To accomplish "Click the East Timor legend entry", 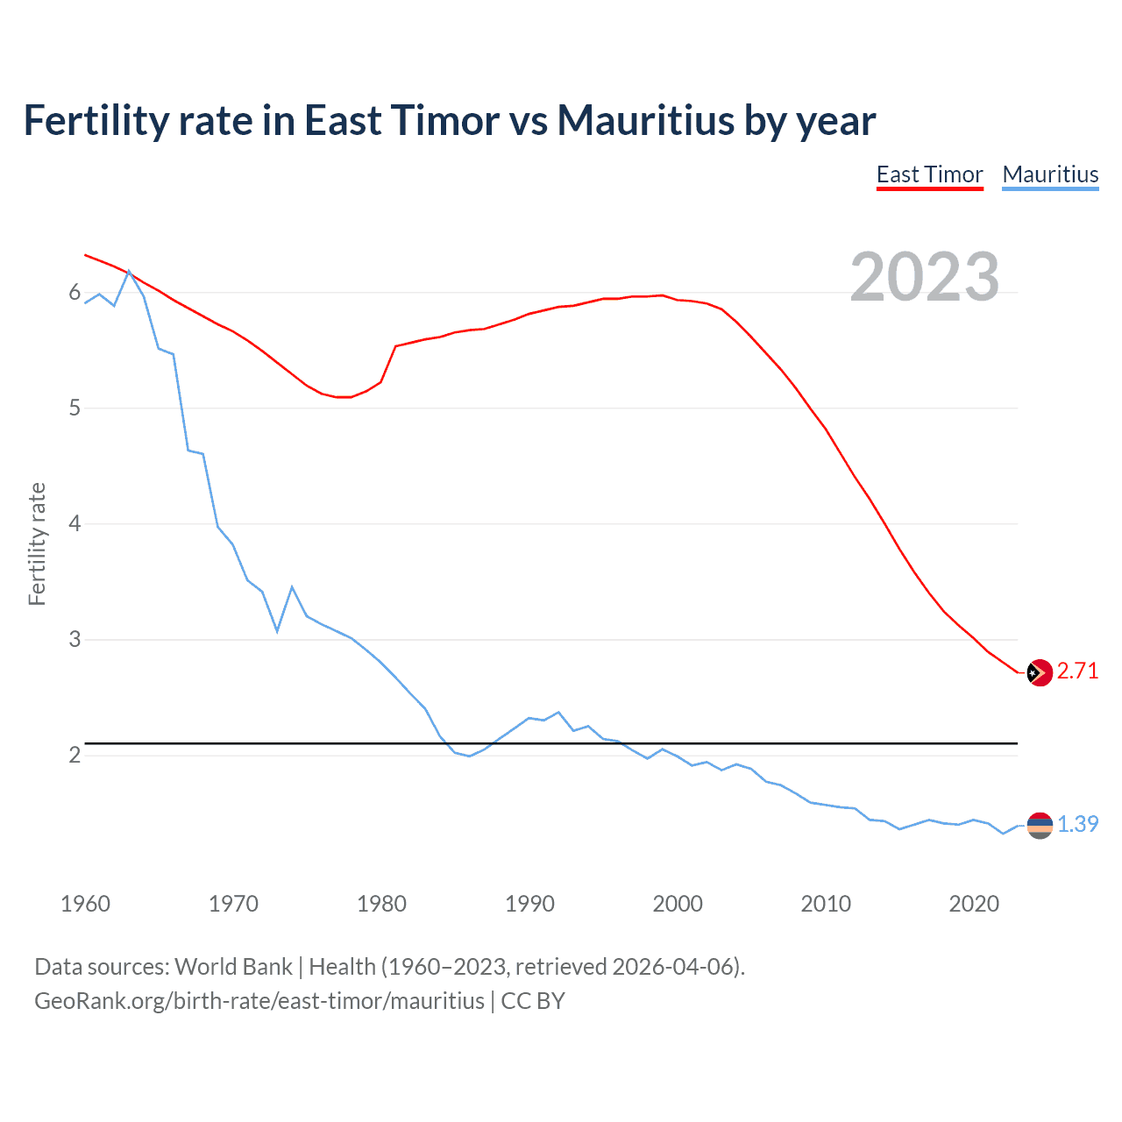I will (929, 174).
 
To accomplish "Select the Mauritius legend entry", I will (1050, 174).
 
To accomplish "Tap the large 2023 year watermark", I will (924, 277).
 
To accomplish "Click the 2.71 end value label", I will (1077, 671).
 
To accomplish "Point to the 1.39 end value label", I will (1077, 825).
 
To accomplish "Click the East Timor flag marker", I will (1040, 672).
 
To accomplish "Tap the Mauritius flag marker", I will (1040, 825).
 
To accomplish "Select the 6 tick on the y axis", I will (75, 293).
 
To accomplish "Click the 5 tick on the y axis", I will (75, 408).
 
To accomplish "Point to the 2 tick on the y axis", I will (75, 756).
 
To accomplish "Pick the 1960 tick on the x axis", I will (85, 904).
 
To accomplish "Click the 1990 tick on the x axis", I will (529, 904).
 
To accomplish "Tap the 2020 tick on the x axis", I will (974, 904).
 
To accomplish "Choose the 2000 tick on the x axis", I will (678, 904).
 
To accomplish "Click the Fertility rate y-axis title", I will (37, 543).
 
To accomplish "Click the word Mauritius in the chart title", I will (645, 121).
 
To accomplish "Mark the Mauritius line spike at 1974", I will (292, 587).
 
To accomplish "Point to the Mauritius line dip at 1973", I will (277, 630).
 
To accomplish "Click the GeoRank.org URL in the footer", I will (259, 1001).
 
